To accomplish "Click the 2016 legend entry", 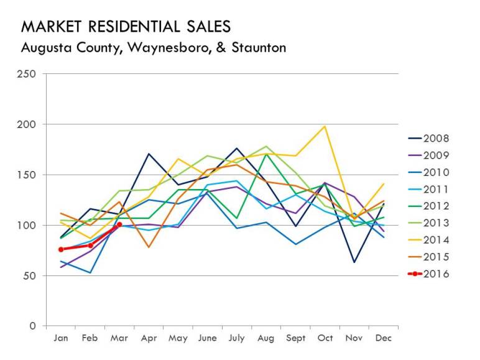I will pos(435,274).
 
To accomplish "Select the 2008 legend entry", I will pos(435,139).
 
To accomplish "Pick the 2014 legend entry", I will pos(435,240).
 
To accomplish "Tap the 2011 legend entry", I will pos(435,189).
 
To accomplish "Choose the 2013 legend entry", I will pos(435,223).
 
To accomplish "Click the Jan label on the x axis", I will pos(61,338).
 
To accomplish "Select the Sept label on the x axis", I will pos(295,338).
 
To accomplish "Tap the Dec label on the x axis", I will pos(384,338).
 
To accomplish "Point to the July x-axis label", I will pos(236,338).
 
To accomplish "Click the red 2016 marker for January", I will pos(61,249).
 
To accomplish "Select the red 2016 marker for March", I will pos(119,225).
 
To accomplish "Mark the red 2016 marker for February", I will pos(90,246).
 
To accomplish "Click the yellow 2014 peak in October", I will pos(325,127).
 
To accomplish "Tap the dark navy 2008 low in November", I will pos(354,262).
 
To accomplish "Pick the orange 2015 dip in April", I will pos(149,247).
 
